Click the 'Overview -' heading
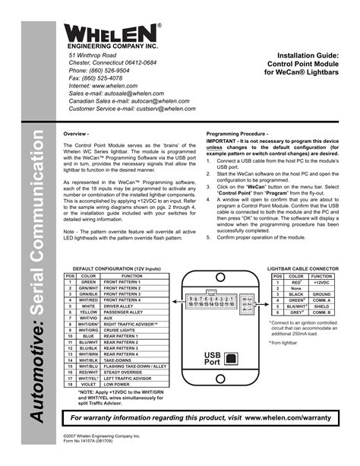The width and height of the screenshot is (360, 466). (77, 135)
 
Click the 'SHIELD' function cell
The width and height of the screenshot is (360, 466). (323, 306)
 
